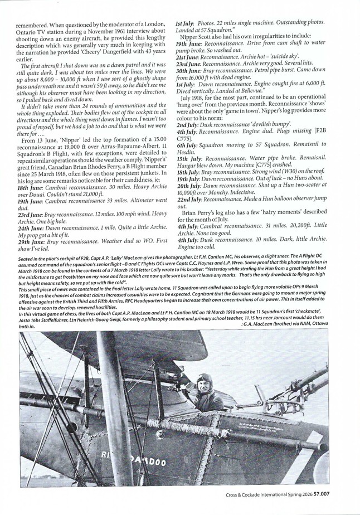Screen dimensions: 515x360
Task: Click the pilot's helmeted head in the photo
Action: (x=205, y=382)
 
